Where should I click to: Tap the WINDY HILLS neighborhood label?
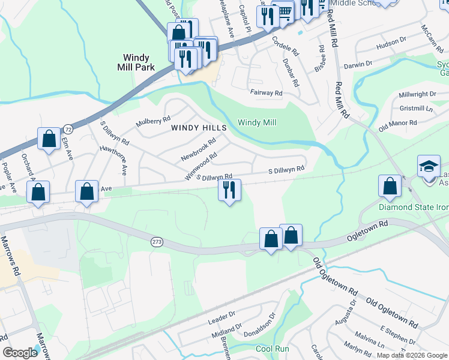point(199,128)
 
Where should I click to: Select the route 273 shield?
point(157,241)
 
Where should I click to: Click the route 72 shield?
point(68,129)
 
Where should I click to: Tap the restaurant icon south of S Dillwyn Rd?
point(229,191)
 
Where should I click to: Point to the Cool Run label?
point(273,349)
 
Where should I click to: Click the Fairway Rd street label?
point(266,93)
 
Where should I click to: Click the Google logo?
point(20,352)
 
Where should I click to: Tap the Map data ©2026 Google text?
point(411,355)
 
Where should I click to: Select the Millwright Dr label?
point(417,94)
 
